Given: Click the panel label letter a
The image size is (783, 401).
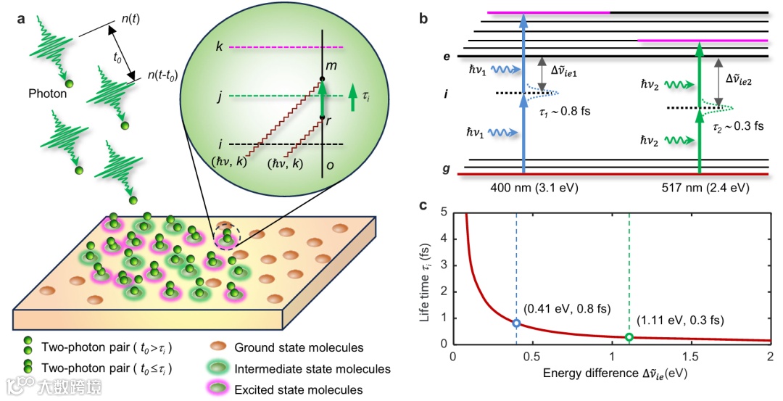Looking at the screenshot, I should point(21,19).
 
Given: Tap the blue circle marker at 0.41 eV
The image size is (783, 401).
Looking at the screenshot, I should point(516,323).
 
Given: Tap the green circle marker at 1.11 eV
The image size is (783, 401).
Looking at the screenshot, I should point(629,336).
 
